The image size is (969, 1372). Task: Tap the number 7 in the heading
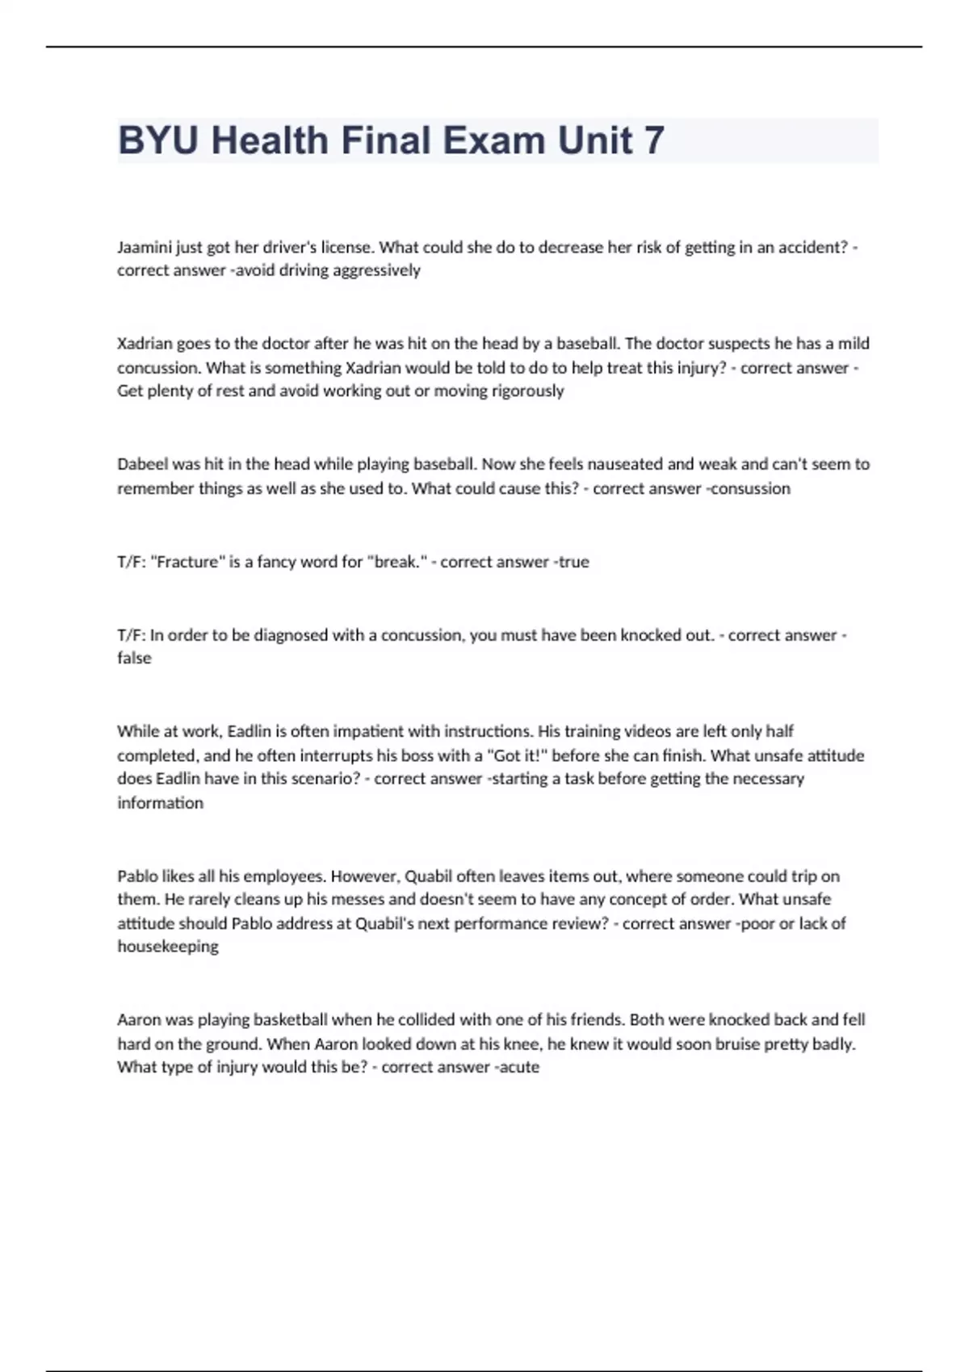653,140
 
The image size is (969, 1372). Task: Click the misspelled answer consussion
750,488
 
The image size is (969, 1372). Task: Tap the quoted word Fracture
186,562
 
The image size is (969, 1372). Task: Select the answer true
573,562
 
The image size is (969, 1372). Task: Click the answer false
134,658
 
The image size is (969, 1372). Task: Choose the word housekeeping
168,947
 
